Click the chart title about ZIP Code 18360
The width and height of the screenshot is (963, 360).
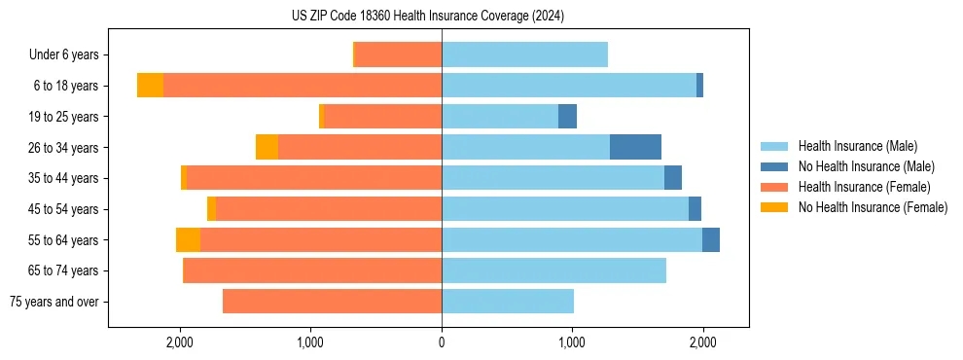428,16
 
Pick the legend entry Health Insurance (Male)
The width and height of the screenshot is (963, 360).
857,146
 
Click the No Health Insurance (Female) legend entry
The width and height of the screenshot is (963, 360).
873,207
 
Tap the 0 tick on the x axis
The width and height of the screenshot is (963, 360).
442,342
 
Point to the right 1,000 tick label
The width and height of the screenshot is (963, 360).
572,342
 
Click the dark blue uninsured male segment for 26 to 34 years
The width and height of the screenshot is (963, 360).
635,147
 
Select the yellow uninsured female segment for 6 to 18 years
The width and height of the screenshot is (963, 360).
150,86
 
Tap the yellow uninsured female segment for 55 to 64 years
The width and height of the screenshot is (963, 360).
188,239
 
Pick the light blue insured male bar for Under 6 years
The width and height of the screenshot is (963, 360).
524,54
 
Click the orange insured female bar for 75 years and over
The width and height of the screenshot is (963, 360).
332,302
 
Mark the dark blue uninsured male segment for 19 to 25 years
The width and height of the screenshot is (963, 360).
567,117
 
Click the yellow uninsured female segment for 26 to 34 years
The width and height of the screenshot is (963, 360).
267,147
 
